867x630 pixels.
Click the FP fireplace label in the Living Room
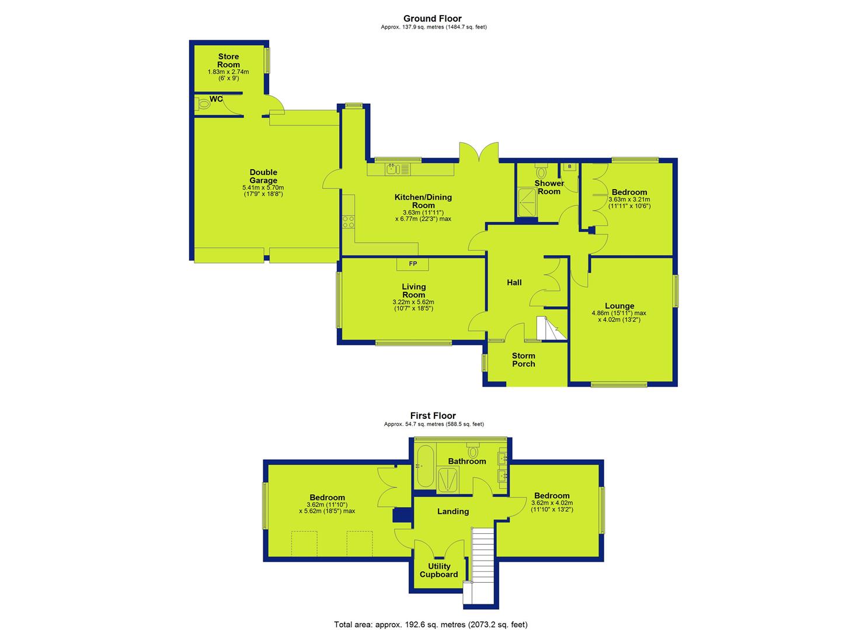(413, 264)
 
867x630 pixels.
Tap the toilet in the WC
(202, 104)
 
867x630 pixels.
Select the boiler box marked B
(569, 167)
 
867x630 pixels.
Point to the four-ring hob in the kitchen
(348, 222)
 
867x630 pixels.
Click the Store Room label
(228, 61)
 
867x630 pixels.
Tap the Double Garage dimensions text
(263, 191)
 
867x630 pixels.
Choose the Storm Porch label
(523, 360)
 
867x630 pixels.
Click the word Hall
(514, 283)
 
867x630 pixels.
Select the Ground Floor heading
(433, 19)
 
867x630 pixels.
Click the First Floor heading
(433, 416)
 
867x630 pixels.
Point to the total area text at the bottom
(431, 614)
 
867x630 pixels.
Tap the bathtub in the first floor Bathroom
(424, 466)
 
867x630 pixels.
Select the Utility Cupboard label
(439, 570)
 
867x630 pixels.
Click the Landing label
(453, 512)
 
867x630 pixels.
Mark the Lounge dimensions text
(619, 316)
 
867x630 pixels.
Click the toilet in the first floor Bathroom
(472, 450)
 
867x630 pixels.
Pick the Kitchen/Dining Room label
(423, 201)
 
